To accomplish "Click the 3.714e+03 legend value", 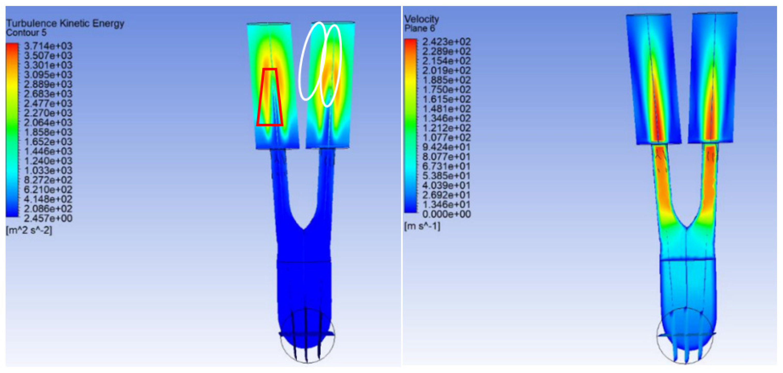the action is (x=48, y=46).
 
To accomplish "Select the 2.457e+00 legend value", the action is (x=48, y=218).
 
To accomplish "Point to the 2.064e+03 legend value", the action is (x=48, y=122).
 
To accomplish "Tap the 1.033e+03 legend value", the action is (x=48, y=170).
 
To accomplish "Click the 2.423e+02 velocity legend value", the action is (x=446, y=42).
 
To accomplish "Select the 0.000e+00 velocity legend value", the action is (x=446, y=214).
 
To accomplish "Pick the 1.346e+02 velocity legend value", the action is (x=446, y=118).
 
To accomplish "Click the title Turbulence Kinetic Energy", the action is (x=65, y=24).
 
